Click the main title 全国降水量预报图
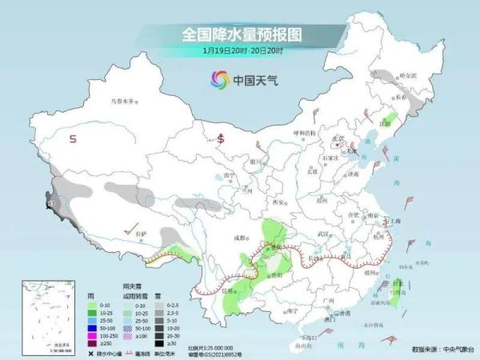click(x=240, y=34)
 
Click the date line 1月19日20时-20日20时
click(x=239, y=50)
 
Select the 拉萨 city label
click(x=141, y=233)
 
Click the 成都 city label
click(x=239, y=238)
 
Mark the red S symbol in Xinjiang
click(x=73, y=139)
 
